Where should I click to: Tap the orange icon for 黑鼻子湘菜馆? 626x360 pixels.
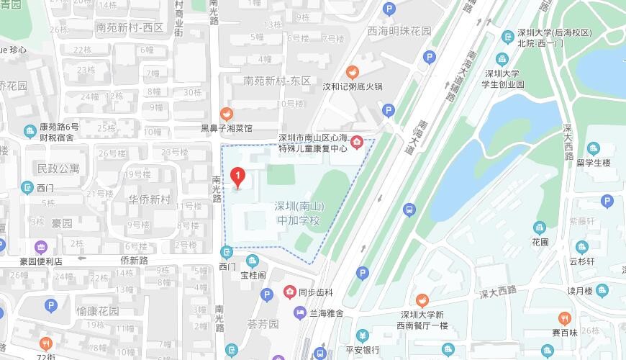click(x=226, y=114)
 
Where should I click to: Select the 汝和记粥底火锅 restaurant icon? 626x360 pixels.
click(x=352, y=71)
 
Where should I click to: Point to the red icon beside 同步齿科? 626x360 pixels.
click(x=290, y=292)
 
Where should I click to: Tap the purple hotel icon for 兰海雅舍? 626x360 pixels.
click(x=299, y=312)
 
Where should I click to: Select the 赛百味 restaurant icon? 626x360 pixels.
click(x=565, y=318)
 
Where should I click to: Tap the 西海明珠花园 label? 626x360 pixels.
click(x=399, y=32)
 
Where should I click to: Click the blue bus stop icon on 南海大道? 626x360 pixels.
click(x=409, y=210)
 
